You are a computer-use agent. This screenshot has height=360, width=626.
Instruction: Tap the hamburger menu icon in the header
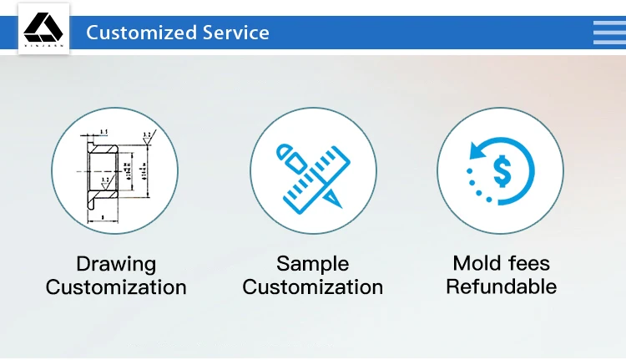[609, 32]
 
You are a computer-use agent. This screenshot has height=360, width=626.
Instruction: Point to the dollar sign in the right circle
[502, 171]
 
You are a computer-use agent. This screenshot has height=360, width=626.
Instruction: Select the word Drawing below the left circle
[116, 265]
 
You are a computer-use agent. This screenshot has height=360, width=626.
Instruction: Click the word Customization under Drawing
[116, 288]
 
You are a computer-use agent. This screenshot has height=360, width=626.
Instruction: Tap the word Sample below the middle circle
[312, 264]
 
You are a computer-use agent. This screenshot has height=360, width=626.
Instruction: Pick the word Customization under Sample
[312, 288]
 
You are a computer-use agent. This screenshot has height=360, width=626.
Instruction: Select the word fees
[531, 264]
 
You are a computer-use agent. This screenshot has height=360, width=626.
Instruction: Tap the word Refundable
[501, 287]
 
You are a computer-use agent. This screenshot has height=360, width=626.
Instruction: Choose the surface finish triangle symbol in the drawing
[147, 140]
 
